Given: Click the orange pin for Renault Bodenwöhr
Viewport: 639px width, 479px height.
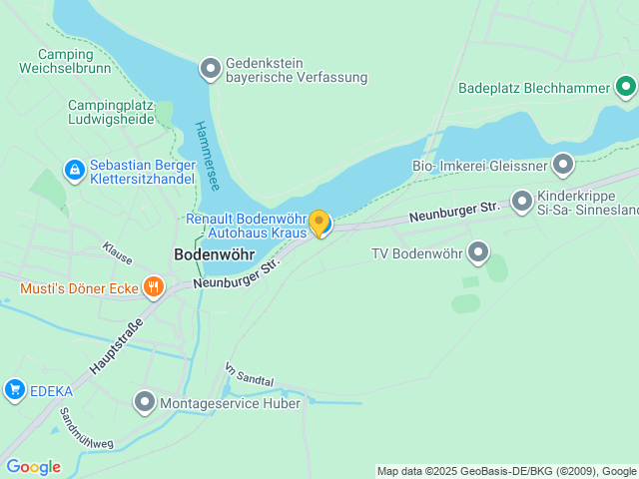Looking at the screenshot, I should tap(319, 223).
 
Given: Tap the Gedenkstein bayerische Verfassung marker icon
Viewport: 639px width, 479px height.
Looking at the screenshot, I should tap(211, 69).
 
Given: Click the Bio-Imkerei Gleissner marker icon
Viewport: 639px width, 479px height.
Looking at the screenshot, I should tap(563, 163).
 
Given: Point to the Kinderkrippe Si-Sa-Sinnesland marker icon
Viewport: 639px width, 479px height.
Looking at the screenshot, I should tap(521, 203).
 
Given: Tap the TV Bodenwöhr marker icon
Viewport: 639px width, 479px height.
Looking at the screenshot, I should tap(479, 252).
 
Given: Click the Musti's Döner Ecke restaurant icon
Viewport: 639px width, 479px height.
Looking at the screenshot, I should tap(153, 289).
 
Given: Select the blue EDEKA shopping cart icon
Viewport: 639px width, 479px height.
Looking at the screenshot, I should tap(14, 389).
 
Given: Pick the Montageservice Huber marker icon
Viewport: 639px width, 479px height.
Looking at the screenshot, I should tap(145, 403).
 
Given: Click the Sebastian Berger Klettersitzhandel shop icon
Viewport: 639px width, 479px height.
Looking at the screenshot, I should tap(74, 171).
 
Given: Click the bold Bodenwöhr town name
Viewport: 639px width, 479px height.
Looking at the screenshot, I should tap(214, 254).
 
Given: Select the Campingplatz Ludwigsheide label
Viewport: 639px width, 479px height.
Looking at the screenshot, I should tap(111, 112).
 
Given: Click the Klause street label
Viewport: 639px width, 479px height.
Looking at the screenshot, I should tap(117, 252).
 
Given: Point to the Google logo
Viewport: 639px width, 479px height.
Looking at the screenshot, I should tap(33, 467).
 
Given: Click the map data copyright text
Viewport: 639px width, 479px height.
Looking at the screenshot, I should tap(507, 471).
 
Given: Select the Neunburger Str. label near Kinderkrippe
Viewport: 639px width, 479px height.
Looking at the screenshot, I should tap(453, 212).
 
